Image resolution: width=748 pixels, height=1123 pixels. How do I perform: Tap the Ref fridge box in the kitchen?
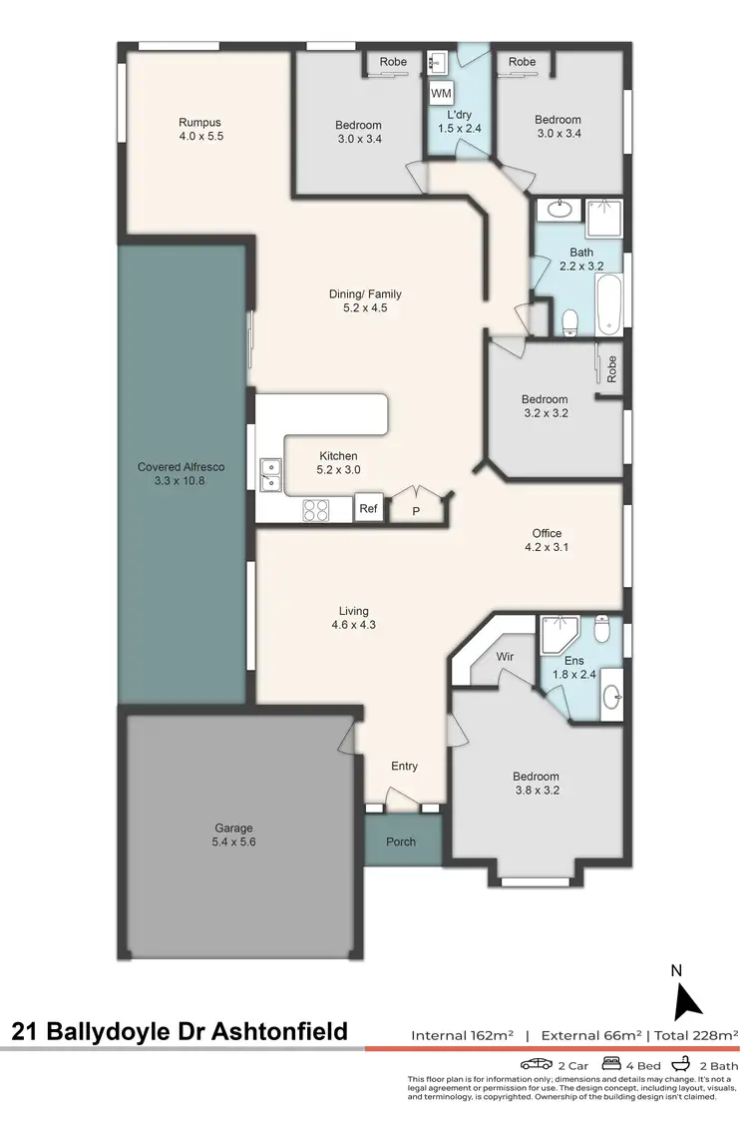[x=369, y=508]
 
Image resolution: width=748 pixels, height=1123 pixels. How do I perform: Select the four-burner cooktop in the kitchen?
[x=316, y=509]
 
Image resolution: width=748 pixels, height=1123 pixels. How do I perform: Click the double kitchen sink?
[x=270, y=475]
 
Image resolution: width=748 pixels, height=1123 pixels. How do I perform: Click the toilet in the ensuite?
[x=601, y=629]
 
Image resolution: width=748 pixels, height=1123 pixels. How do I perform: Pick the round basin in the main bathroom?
[x=557, y=211]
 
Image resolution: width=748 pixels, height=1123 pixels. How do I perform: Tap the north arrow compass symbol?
[x=687, y=999]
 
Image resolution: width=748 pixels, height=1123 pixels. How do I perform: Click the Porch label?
[x=401, y=842]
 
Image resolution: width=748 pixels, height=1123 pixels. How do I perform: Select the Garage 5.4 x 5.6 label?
[x=234, y=835]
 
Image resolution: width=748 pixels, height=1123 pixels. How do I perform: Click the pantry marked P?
[x=416, y=510]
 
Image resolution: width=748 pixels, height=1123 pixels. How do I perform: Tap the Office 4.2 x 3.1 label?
[x=547, y=540]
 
